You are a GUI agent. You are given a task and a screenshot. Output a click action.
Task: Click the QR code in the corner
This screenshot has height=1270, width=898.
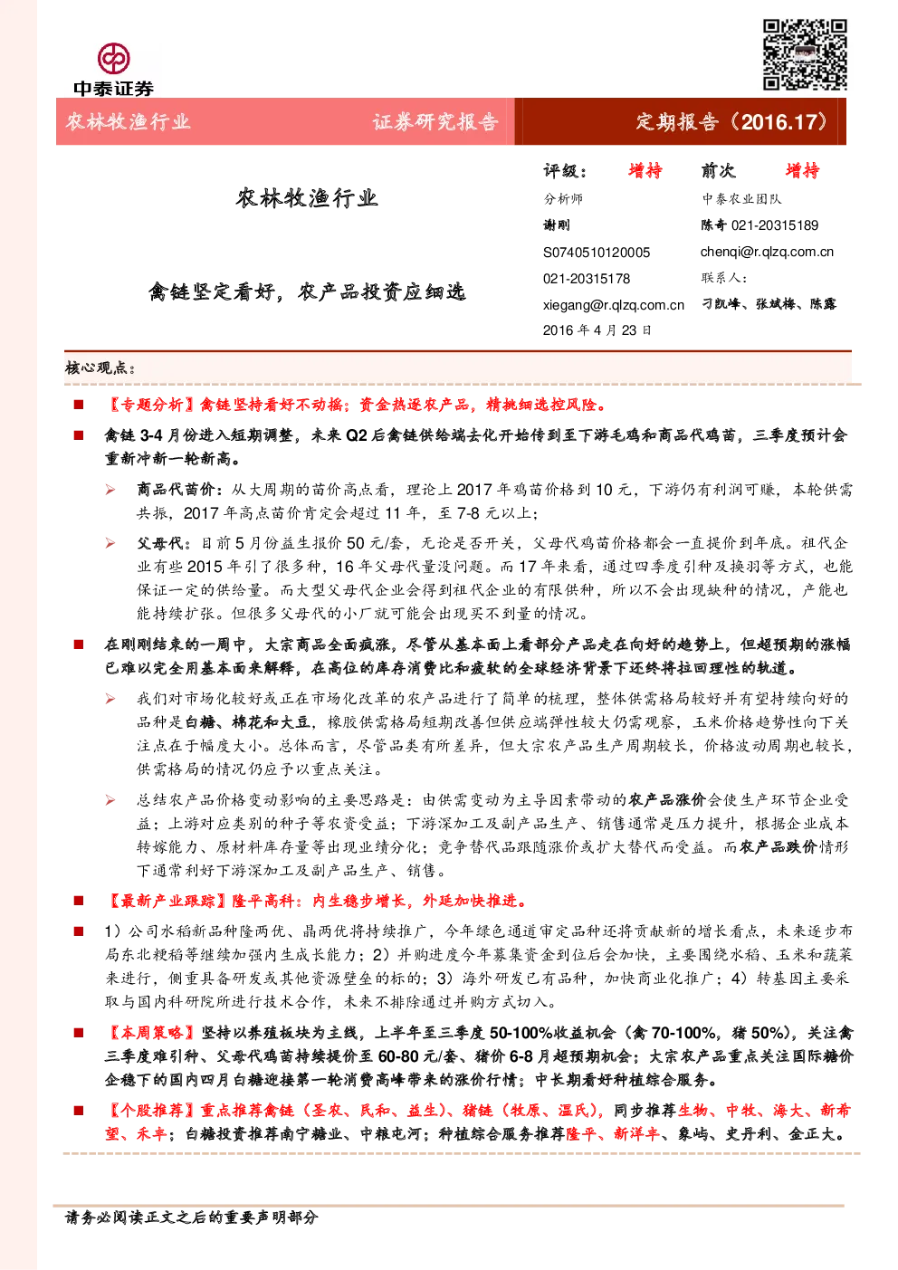(805, 55)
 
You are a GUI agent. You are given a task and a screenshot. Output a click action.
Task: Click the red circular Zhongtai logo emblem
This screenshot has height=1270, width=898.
(113, 59)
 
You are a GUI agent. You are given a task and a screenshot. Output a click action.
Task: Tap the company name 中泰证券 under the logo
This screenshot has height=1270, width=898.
(113, 89)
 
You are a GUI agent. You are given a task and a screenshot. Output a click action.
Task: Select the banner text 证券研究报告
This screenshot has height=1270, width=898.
(435, 122)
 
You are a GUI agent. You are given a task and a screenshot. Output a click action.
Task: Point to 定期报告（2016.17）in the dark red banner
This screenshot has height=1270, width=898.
(731, 122)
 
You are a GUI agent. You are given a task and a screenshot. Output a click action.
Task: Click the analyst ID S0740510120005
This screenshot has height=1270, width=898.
(597, 253)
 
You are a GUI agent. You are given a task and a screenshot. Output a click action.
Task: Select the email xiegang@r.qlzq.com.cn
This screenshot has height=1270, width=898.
(614, 305)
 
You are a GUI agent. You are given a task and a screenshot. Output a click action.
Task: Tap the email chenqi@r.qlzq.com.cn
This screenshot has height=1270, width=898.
(767, 252)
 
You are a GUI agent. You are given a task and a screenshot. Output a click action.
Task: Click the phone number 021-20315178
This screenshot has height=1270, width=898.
(587, 279)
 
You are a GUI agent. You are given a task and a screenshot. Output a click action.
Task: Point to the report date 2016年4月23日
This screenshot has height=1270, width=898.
(597, 330)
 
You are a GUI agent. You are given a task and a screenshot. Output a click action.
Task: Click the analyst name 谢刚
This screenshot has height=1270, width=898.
(556, 225)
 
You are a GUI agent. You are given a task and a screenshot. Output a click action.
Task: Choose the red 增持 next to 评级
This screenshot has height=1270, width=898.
(645, 171)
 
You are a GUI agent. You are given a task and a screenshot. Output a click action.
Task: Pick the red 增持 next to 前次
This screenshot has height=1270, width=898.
(802, 171)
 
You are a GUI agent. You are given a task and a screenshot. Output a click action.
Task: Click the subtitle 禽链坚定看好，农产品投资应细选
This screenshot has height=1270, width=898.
(307, 292)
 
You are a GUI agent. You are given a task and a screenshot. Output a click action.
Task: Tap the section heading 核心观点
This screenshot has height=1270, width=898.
(100, 368)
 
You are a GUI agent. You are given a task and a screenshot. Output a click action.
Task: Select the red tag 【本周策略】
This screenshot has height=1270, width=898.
(151, 1033)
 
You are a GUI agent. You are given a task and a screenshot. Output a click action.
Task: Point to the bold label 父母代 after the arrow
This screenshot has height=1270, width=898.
(160, 543)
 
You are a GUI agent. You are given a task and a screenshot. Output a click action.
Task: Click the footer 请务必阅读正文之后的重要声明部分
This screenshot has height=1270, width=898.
(192, 1217)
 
